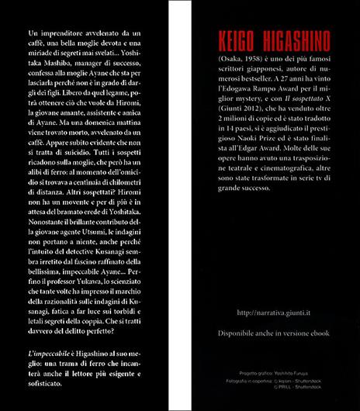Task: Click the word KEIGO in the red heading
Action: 243,40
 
